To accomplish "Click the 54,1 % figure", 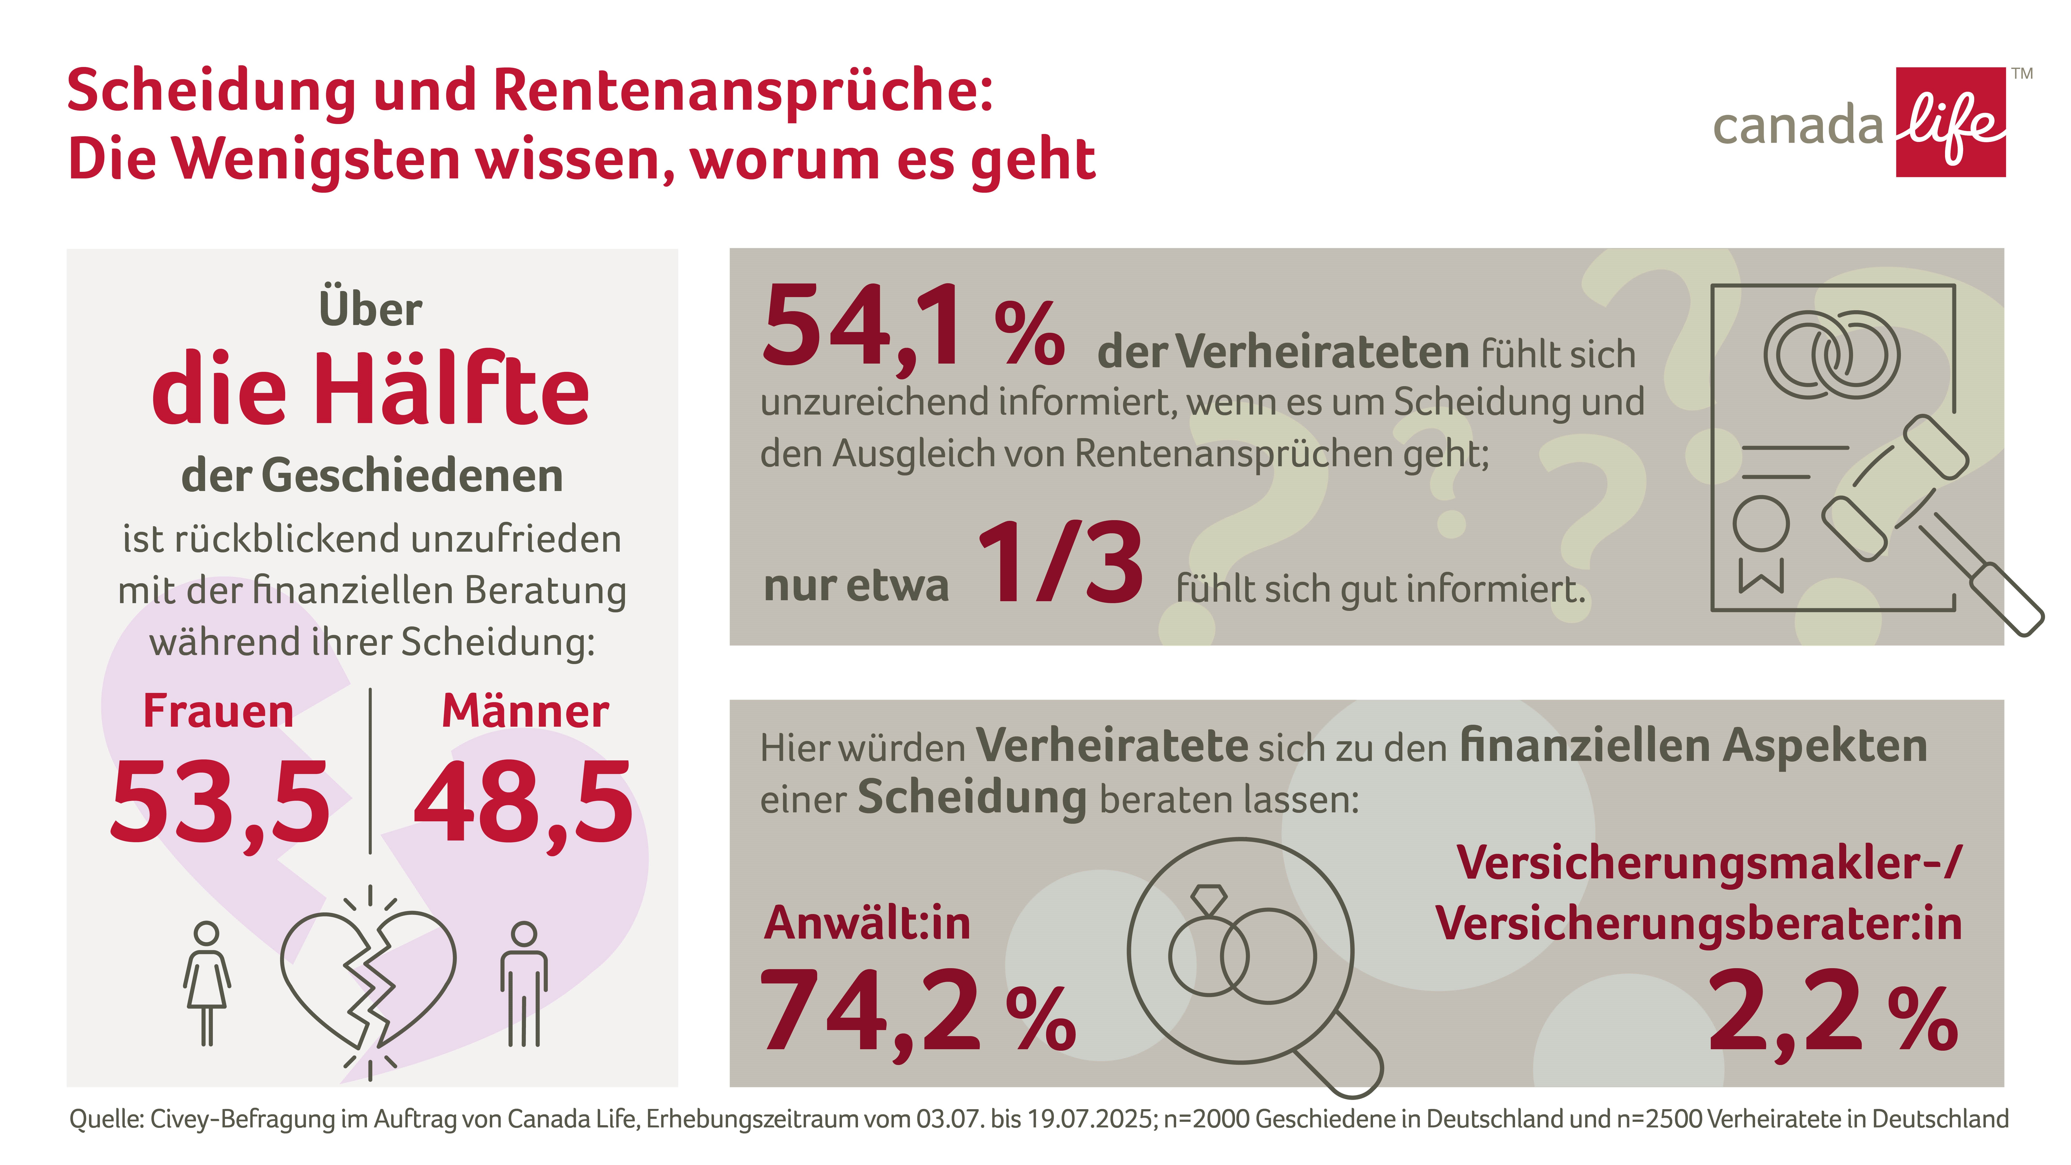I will (x=913, y=328).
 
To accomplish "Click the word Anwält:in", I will (x=867, y=923).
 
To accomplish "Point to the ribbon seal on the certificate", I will (x=1761, y=543).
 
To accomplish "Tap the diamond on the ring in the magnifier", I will (x=1208, y=898).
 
